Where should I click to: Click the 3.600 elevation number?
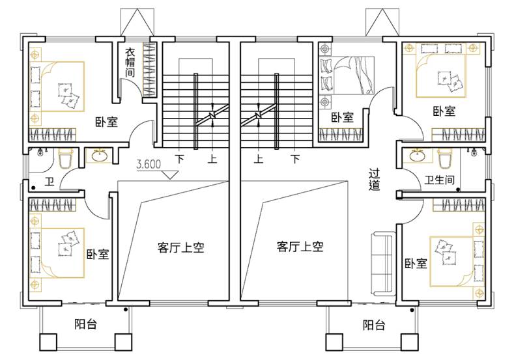pyautogui.click(x=149, y=163)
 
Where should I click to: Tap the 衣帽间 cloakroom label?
pyautogui.click(x=130, y=62)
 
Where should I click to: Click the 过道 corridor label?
pyautogui.click(x=374, y=180)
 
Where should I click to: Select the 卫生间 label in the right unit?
pyautogui.click(x=439, y=180)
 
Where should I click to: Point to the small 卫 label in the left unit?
pyautogui.click(x=50, y=181)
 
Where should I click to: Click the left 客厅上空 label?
pyautogui.click(x=180, y=247)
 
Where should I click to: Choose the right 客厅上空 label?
pyautogui.click(x=300, y=246)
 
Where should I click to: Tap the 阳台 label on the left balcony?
pyautogui.click(x=85, y=324)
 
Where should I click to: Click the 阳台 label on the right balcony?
pyautogui.click(x=374, y=325)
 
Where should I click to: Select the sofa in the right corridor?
pyautogui.click(x=384, y=264)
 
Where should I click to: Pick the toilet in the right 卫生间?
pyautogui.click(x=445, y=158)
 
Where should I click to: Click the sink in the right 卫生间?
pyautogui.click(x=417, y=156)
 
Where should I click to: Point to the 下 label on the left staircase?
pyautogui.click(x=179, y=159)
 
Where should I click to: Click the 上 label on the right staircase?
pyautogui.click(x=259, y=159)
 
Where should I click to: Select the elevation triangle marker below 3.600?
pyautogui.click(x=170, y=175)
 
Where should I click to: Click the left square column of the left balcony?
pyautogui.click(x=48, y=342)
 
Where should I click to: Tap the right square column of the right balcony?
pyautogui.click(x=410, y=342)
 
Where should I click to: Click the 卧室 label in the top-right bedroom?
pyautogui.click(x=444, y=111)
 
